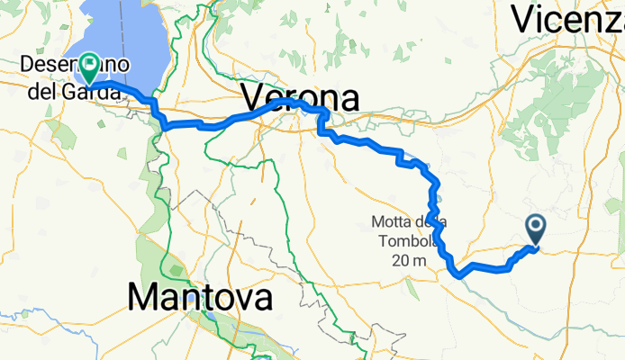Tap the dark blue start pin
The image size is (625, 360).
(x=536, y=229)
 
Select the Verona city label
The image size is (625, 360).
(x=301, y=97)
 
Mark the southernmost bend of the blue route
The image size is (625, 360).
(x=459, y=274)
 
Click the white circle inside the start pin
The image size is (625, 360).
(x=536, y=225)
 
